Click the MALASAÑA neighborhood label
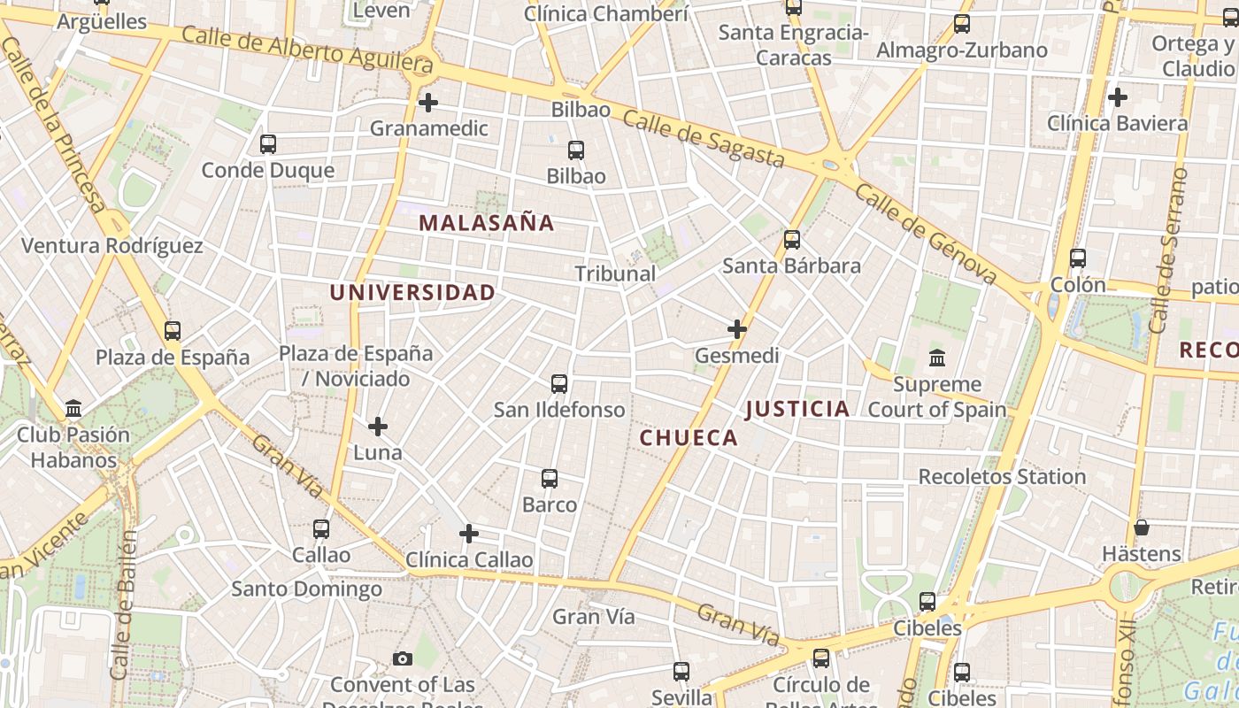coord(487,223)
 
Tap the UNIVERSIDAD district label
coord(412,292)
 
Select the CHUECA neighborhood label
coord(689,437)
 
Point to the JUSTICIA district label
coord(797,408)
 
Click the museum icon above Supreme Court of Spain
coord(937,358)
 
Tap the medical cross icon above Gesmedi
coord(737,329)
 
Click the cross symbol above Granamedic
coord(428,103)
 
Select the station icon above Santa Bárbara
coord(792,239)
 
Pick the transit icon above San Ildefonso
coord(559,384)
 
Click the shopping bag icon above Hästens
coord(1142,527)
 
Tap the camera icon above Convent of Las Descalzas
coord(403,658)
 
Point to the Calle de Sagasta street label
coord(704,139)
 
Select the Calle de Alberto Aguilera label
coord(307,50)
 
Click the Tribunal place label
coord(616,273)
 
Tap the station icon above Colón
coord(1078,258)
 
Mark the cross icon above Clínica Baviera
coord(1118,96)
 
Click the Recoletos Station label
coord(1002,476)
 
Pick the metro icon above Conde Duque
coord(268,143)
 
